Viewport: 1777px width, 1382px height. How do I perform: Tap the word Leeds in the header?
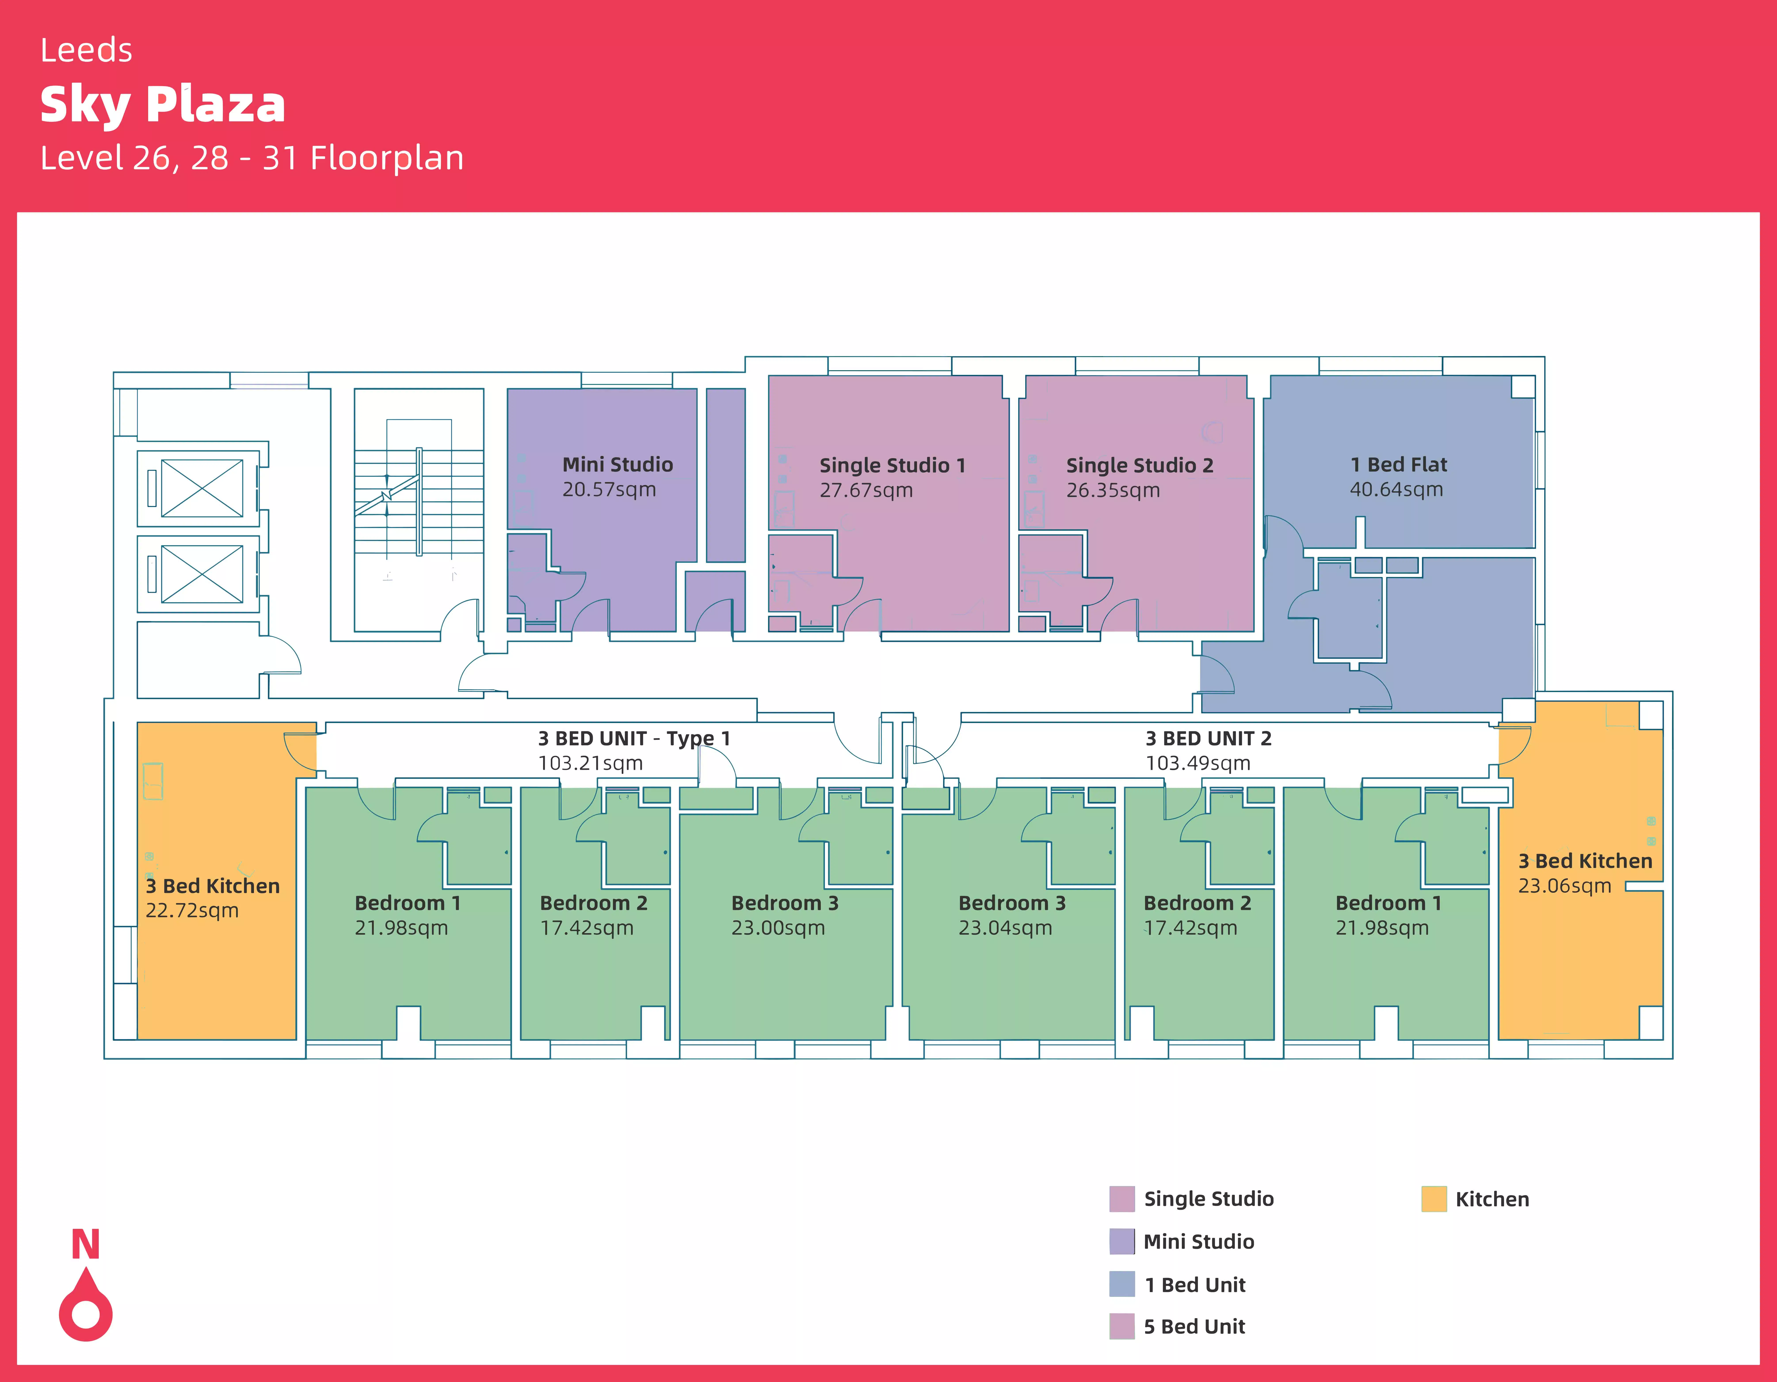(x=86, y=50)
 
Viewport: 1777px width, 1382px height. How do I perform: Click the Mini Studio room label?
(x=618, y=465)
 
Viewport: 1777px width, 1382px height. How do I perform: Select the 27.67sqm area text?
(x=866, y=490)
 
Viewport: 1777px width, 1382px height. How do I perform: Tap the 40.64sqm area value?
(x=1396, y=490)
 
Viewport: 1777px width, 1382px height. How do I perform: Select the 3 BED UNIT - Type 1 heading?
(x=634, y=738)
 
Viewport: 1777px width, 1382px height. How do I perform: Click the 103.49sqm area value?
(x=1198, y=763)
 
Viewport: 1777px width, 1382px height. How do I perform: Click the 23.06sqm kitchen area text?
(x=1564, y=886)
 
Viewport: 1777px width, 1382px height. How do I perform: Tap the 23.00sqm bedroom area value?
(x=778, y=928)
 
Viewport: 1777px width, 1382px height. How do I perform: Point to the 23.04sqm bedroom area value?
(x=1005, y=928)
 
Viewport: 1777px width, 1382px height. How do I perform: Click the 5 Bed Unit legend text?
(x=1194, y=1327)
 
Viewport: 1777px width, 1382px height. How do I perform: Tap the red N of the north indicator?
(x=86, y=1245)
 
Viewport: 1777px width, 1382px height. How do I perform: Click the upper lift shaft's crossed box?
(x=202, y=488)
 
